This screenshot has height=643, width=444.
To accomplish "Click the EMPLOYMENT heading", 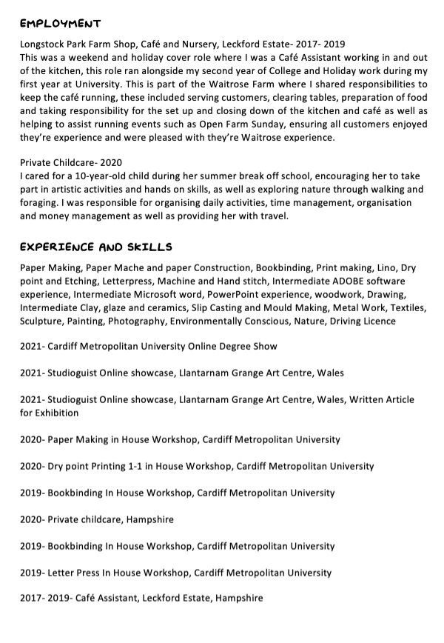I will tap(61, 24).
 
